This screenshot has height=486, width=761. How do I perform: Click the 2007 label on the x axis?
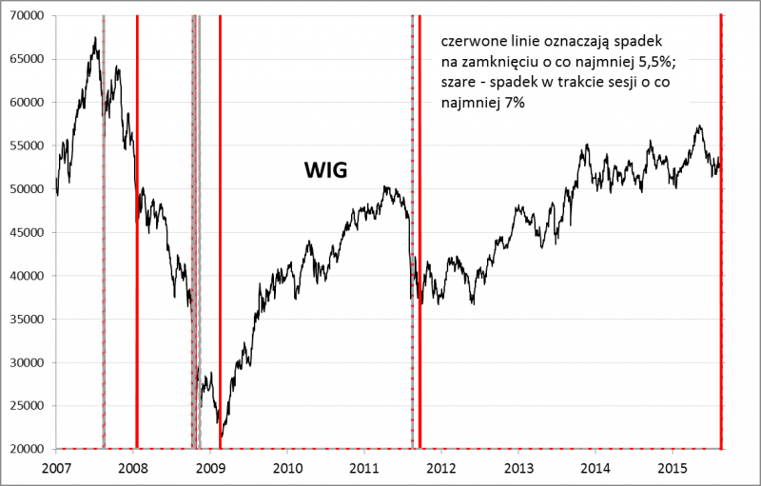tap(56, 468)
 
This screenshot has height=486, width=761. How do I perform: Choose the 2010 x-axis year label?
tap(287, 468)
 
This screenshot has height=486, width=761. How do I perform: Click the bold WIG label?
tap(326, 171)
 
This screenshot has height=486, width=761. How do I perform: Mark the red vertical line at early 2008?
tap(137, 285)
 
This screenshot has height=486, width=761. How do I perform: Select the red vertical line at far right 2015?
tap(720, 285)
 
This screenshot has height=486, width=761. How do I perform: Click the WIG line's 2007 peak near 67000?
tap(95, 37)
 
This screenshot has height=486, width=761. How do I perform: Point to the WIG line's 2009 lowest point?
tap(221, 439)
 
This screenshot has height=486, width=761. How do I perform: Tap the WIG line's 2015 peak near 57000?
tap(699, 126)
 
